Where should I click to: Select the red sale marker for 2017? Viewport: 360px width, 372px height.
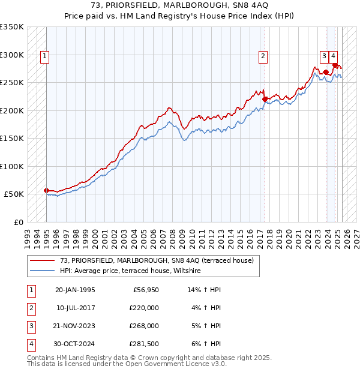tap(265, 100)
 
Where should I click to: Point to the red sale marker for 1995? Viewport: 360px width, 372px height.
tap(46, 190)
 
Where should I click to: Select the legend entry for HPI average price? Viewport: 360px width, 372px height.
tap(133, 271)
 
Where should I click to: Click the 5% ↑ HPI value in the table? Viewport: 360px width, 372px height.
tap(205, 326)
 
